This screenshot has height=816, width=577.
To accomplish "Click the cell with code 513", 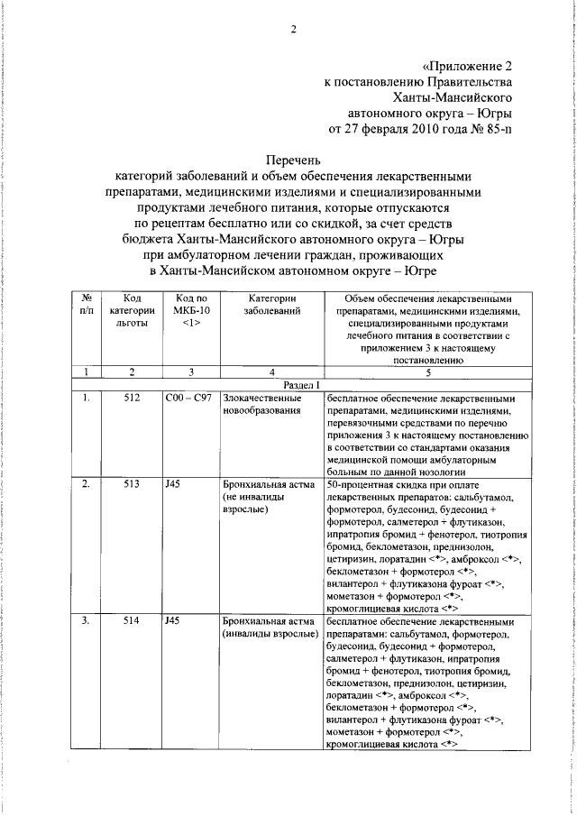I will [x=132, y=484].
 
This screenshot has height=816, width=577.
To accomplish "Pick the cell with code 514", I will [x=132, y=621].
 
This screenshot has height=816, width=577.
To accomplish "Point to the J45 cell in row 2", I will [x=173, y=484].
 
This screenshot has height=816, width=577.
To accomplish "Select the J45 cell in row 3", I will [x=173, y=621].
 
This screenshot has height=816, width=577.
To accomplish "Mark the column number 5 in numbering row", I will [x=427, y=371].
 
